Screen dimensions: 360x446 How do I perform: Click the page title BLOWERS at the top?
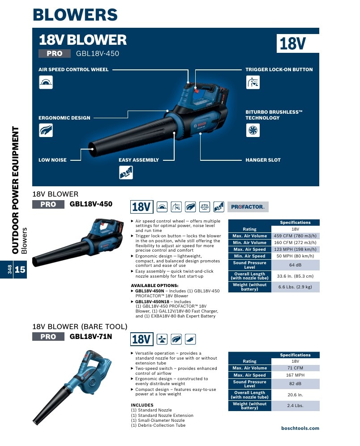[x=75, y=15]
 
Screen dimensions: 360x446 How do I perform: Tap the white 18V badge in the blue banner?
[x=298, y=43]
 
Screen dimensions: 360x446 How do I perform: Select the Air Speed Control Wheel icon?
[x=46, y=82]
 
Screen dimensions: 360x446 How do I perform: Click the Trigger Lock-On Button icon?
[x=253, y=82]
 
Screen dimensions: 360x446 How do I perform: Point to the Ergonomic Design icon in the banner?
[x=46, y=130]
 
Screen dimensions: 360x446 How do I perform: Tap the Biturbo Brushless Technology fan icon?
[x=253, y=130]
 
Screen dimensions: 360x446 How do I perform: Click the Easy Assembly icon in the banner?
[x=126, y=172]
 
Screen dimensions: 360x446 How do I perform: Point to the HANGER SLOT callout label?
[x=263, y=160]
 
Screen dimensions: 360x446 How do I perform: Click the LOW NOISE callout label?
[x=52, y=160]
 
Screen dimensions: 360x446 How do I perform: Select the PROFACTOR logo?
[x=248, y=207]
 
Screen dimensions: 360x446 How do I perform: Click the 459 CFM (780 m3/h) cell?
[x=295, y=236]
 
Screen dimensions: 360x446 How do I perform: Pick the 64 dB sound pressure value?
[x=295, y=265]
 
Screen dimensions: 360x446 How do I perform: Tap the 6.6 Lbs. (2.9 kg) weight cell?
[x=295, y=287]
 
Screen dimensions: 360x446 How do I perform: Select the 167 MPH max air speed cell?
[x=295, y=375]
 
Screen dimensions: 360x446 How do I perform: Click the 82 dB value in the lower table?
[x=295, y=384]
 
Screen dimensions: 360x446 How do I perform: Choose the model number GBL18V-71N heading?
[x=91, y=336]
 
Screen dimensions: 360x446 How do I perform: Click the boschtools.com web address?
[x=300, y=428]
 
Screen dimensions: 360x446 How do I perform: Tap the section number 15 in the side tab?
[x=20, y=270]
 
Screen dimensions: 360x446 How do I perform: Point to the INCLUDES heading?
[x=142, y=405]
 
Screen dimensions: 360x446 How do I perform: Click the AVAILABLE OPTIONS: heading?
[x=154, y=286]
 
